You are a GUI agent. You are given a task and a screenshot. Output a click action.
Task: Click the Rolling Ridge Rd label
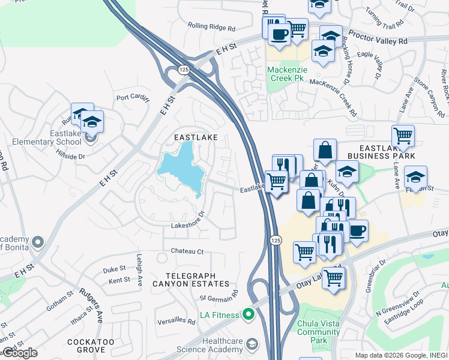(211, 27)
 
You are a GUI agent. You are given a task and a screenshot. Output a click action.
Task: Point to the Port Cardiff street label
(133, 98)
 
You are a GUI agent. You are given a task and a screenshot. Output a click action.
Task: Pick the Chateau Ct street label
(187, 251)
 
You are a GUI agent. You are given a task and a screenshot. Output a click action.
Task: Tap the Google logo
(19, 352)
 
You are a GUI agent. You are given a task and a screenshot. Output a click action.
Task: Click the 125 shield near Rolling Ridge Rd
(184, 70)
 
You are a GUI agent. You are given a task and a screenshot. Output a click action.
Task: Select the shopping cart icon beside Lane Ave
(402, 136)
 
